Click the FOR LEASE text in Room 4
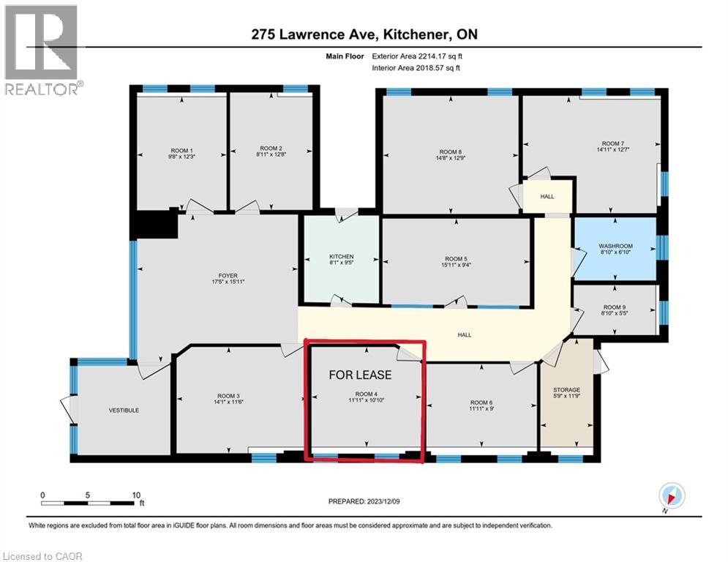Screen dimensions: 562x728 (x=360, y=375)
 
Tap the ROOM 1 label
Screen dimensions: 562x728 (x=179, y=148)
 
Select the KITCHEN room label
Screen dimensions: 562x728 (x=340, y=257)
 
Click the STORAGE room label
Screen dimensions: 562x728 (x=566, y=390)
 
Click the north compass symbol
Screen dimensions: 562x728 (x=672, y=495)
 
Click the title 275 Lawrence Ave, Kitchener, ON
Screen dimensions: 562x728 (x=365, y=34)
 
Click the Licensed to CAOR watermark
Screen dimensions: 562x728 (x=42, y=556)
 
